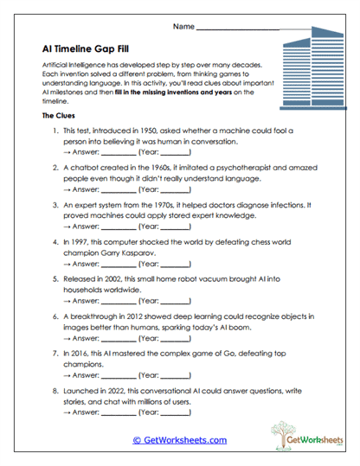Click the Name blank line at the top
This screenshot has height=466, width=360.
click(238, 29)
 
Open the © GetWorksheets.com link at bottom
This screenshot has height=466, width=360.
click(179, 440)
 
